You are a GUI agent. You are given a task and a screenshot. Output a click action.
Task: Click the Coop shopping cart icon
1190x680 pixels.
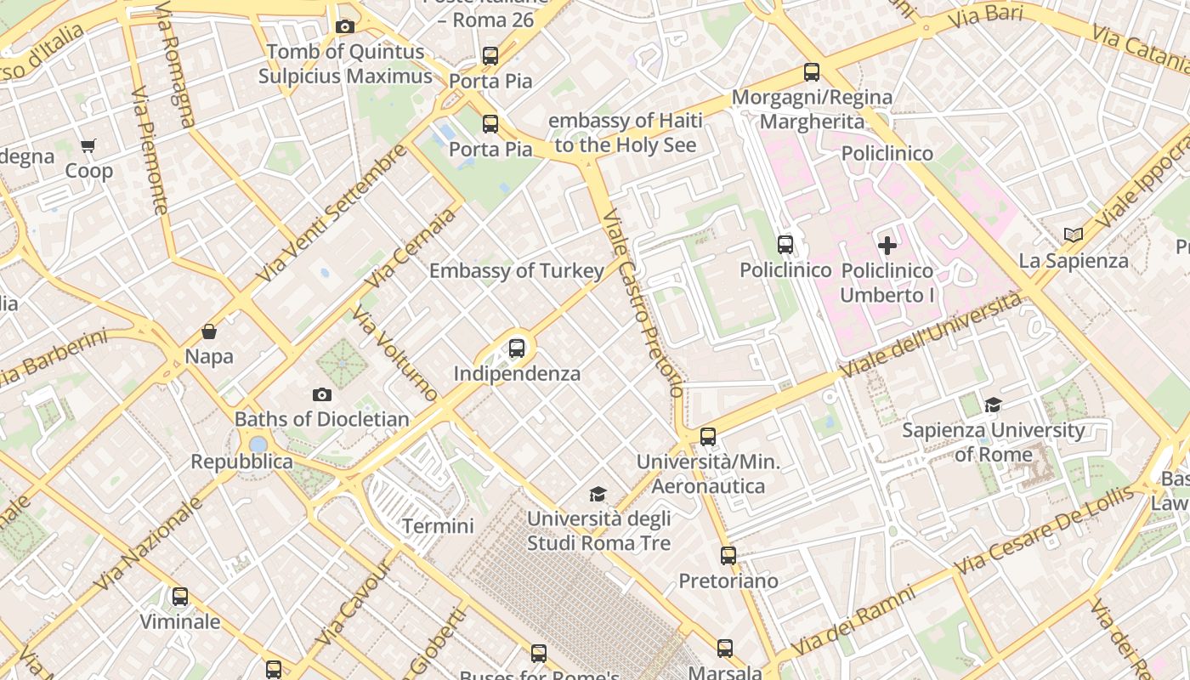click(x=88, y=146)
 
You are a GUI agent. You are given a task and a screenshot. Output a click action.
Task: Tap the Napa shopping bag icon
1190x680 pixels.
click(x=209, y=331)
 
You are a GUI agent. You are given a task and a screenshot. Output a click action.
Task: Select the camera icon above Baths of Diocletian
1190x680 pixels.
click(x=321, y=394)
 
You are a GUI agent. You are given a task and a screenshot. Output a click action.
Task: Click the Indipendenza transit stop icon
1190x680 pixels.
click(x=516, y=348)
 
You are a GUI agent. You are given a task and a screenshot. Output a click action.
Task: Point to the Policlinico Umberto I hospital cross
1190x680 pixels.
click(x=887, y=246)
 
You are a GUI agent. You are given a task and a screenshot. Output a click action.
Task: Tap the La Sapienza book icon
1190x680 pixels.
click(x=1074, y=235)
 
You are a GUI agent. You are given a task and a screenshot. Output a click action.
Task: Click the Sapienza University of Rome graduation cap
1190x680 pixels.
click(x=993, y=405)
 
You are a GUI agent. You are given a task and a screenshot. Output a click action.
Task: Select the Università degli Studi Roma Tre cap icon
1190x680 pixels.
click(x=598, y=494)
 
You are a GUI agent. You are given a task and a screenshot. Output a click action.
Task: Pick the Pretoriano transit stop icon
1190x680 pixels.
click(x=728, y=556)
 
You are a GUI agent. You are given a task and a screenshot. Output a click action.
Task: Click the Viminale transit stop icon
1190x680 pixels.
click(x=180, y=597)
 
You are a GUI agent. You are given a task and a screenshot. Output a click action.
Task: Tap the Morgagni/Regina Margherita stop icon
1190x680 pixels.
click(x=812, y=72)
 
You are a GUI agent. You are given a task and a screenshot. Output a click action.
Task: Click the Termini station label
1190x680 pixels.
click(x=438, y=526)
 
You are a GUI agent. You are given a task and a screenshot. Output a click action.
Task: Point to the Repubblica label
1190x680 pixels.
click(x=241, y=462)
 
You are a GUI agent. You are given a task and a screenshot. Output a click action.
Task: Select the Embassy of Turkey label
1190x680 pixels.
click(x=517, y=271)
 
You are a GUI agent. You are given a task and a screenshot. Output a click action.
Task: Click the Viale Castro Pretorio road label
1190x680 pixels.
click(x=643, y=304)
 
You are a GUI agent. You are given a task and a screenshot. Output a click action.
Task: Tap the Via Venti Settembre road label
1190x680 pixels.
click(x=331, y=214)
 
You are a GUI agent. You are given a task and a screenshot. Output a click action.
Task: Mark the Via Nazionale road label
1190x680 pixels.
click(x=149, y=545)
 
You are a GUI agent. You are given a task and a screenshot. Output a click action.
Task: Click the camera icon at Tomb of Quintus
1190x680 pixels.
click(x=344, y=27)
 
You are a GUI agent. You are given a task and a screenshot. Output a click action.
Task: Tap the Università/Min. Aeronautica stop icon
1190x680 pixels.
click(x=708, y=437)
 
